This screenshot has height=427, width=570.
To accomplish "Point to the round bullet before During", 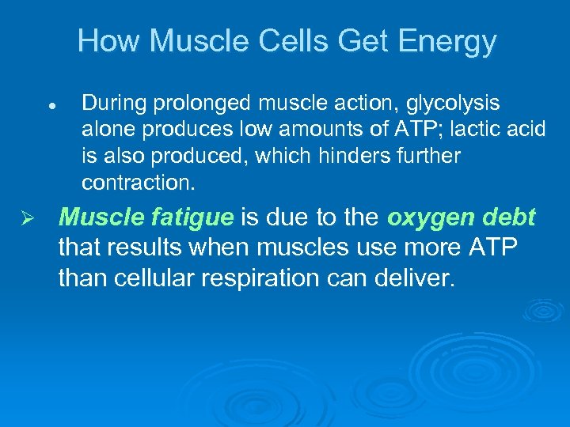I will coord(50,105).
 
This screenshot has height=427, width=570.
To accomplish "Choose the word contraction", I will coord(137,183).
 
